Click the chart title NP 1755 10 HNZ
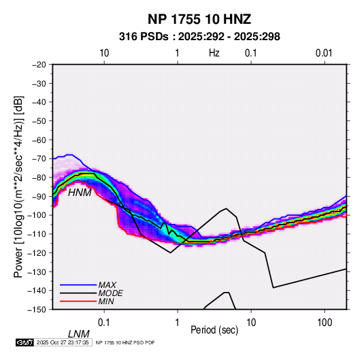click(199, 19)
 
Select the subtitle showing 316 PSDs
click(199, 37)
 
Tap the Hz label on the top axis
click(214, 53)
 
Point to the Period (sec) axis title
click(214, 330)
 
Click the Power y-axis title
click(18, 186)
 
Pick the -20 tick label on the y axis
click(39, 65)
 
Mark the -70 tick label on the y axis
click(39, 159)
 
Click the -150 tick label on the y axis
click(37, 310)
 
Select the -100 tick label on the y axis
click(37, 215)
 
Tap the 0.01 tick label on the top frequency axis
click(324, 53)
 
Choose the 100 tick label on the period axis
click(325, 323)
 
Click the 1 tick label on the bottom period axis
click(178, 323)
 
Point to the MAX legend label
click(107, 285)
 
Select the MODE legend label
click(110, 293)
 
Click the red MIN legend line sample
click(78, 301)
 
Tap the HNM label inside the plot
click(80, 193)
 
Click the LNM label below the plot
click(79, 334)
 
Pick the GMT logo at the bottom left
click(25, 342)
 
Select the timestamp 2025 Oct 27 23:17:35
click(63, 342)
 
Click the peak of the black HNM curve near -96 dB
click(226, 208)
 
